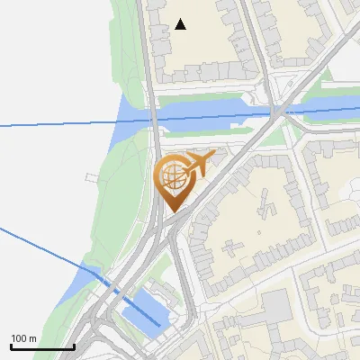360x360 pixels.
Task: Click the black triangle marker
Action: (x=181, y=24)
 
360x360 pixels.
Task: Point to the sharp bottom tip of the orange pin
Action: (x=174, y=212)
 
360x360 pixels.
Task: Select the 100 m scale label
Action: (x=24, y=338)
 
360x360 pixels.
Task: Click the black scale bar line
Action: (x=42, y=346)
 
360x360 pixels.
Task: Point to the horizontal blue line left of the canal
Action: (x=54, y=124)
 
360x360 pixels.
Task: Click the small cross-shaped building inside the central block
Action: (x=266, y=208)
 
